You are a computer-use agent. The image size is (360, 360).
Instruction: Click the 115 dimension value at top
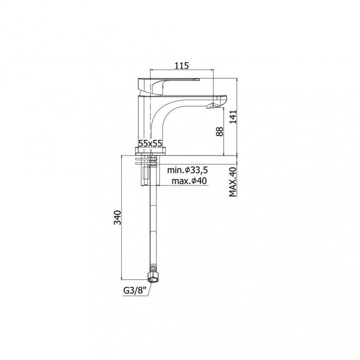(181, 66)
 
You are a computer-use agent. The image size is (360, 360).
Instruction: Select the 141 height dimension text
(233, 117)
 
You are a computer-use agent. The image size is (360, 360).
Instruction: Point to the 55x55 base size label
(150, 144)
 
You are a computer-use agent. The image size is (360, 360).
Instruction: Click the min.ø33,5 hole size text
(187, 170)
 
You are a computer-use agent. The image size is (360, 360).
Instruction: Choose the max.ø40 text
(189, 181)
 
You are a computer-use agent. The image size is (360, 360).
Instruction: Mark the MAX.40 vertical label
(233, 182)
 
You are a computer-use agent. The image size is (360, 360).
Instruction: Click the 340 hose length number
(118, 217)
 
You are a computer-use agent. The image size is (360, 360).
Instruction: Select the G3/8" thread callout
(135, 291)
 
